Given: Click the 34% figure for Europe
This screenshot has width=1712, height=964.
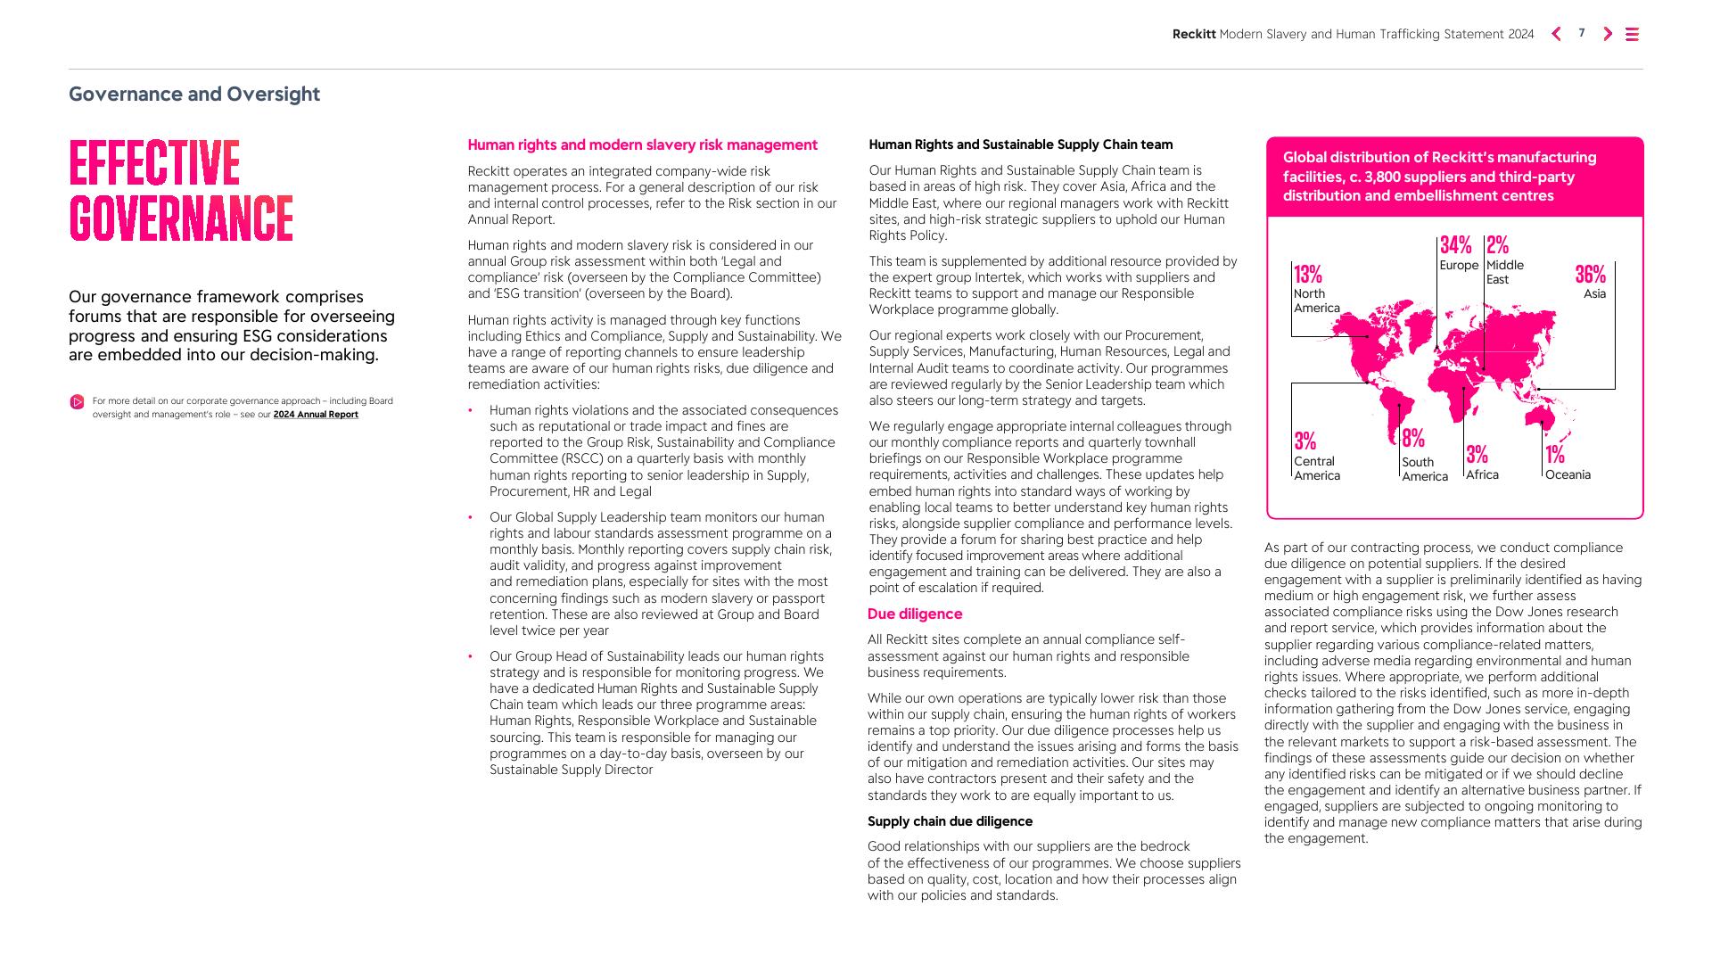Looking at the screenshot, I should pos(1455,245).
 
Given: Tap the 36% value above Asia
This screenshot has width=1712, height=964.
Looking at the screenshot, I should pos(1590,275).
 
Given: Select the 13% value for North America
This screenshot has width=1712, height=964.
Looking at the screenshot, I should pos(1308,275).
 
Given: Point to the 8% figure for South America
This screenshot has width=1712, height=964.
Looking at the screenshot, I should pos(1413,439).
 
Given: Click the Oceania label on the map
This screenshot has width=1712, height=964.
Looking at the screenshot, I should pos(1568,475).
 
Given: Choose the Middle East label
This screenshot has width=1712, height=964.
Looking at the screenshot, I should pos(1504,273).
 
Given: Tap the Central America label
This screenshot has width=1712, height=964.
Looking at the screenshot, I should pos(1317,469).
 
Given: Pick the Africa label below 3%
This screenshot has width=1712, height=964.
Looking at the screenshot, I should pos(1482,475).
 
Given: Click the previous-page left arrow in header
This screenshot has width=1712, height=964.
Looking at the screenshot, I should pos(1556,34).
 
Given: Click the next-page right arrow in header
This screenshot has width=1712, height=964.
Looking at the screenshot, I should pos(1608,34).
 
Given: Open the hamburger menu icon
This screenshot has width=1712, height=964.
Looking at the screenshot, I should pos(1633,34).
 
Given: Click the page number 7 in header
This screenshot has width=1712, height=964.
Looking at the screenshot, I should pos(1582,33).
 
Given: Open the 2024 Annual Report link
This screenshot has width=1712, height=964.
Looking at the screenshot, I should pos(316,415).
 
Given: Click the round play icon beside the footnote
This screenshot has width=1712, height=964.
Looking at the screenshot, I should pos(78,402).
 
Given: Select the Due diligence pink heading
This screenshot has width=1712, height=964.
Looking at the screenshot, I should pos(915,614).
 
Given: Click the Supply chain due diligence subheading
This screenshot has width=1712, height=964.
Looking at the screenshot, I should pos(950,821).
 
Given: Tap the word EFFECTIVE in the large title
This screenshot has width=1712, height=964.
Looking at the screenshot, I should pos(154,163).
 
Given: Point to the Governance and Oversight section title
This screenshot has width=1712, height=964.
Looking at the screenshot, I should pos(194,95).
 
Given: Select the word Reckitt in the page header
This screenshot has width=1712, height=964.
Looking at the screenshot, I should pos(1194,34).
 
